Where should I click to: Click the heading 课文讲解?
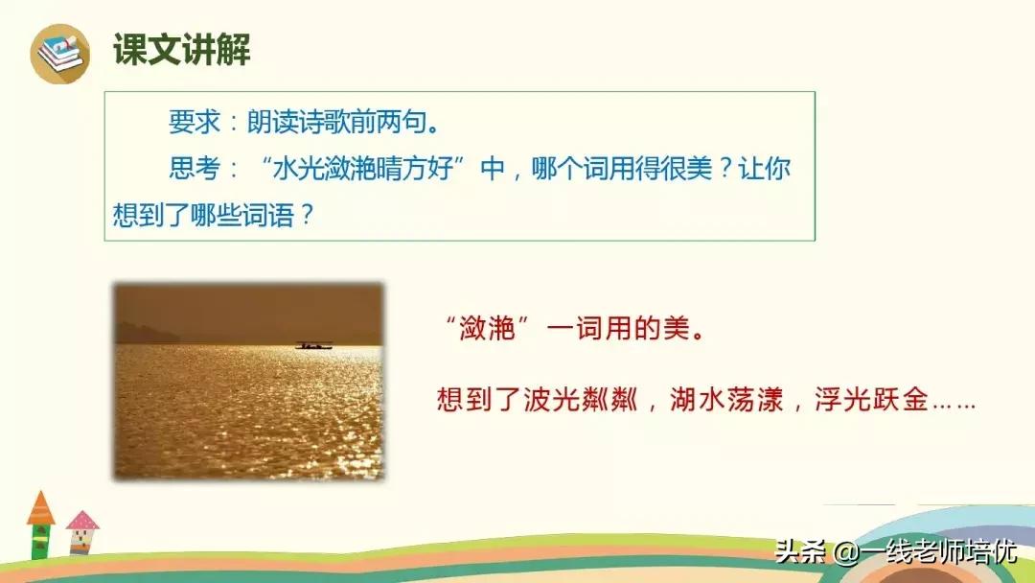click(181, 50)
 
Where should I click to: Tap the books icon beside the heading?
click(59, 53)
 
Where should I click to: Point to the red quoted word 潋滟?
click(496, 330)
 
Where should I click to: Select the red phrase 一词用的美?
click(627, 330)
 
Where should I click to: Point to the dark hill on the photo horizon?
click(148, 333)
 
